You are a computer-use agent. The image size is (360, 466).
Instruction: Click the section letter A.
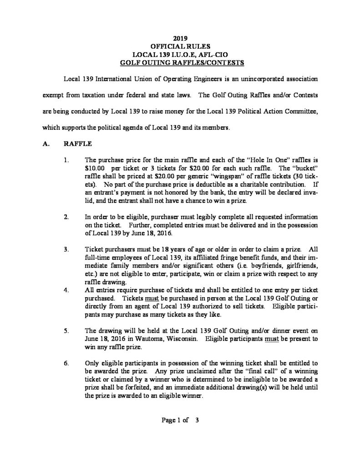(46, 144)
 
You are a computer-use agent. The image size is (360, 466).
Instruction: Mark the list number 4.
(66, 289)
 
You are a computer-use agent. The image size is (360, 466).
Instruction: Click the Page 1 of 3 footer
(181, 420)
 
